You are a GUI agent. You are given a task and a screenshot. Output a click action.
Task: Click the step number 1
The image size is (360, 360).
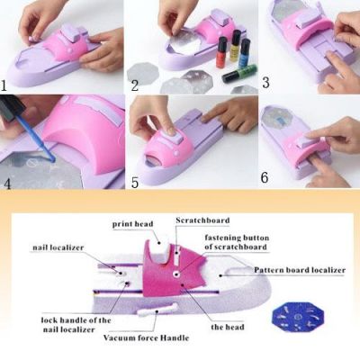point(5,86)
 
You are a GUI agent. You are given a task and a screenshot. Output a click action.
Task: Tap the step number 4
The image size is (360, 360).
point(7,180)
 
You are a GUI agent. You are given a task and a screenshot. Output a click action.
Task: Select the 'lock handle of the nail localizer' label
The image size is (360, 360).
point(77,323)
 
